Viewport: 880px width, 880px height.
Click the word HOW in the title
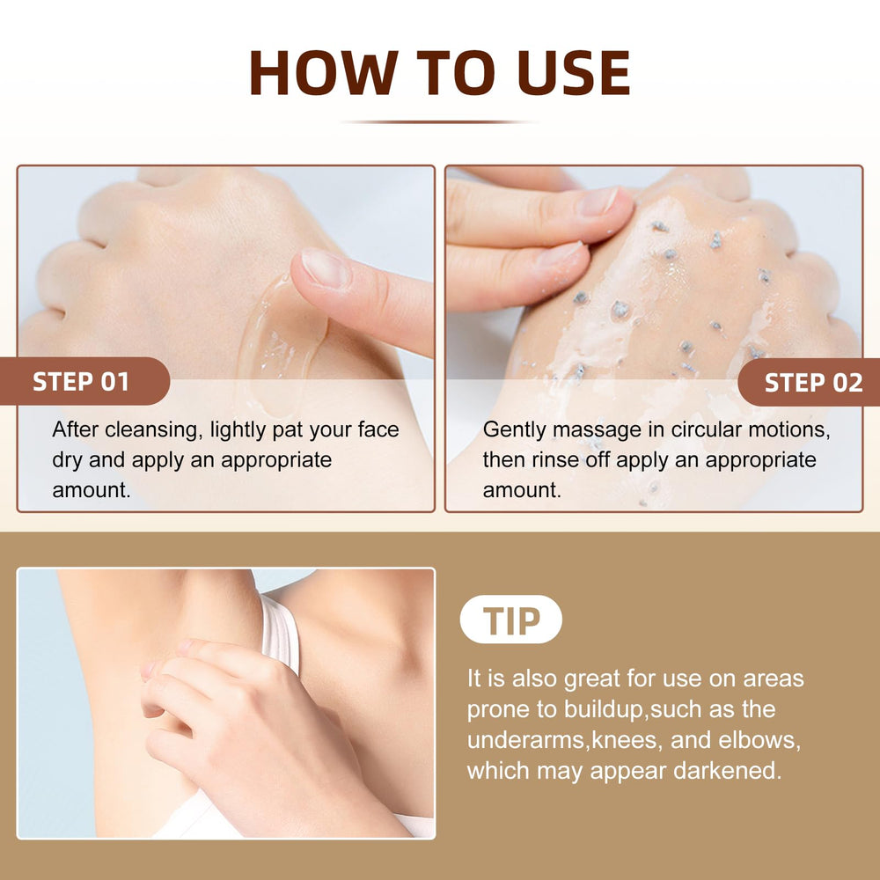324,72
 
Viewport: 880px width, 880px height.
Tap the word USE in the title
574,72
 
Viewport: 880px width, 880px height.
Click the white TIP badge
510,620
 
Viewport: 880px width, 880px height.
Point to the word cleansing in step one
152,430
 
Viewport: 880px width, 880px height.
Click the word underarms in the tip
526,740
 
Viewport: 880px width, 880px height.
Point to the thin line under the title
439,121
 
